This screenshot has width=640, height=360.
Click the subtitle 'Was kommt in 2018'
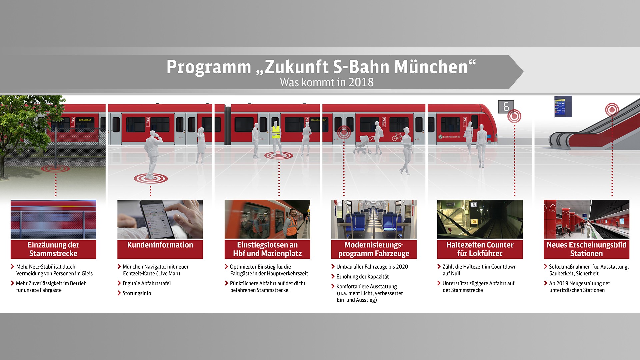(x=327, y=82)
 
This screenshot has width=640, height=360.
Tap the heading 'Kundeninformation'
(x=160, y=245)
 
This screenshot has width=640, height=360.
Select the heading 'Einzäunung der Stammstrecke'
(x=53, y=249)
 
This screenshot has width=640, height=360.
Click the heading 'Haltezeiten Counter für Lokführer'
(x=480, y=249)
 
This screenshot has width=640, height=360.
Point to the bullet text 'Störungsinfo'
(x=137, y=293)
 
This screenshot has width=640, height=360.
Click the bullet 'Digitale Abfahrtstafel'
(x=146, y=283)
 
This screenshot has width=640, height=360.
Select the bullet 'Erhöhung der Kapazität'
(x=362, y=277)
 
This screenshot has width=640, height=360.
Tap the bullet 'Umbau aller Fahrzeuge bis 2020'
(x=372, y=267)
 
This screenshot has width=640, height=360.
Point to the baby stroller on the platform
(x=363, y=144)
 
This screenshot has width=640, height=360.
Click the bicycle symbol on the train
(x=397, y=137)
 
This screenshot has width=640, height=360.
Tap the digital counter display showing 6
(x=506, y=107)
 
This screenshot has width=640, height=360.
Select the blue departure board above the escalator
(x=563, y=106)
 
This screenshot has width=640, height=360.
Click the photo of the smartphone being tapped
(x=160, y=219)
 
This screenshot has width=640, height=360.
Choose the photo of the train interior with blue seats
(x=374, y=219)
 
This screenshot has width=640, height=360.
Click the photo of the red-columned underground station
(x=586, y=219)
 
